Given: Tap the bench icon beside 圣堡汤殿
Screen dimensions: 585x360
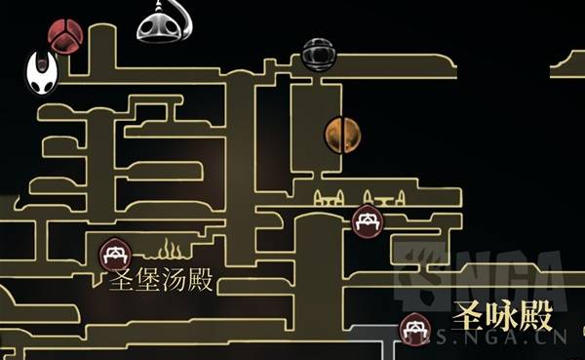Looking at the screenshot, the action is pos(116,254).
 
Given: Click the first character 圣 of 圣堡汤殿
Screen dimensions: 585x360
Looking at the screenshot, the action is pos(122,283).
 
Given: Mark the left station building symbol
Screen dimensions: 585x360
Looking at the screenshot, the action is pos(328,199).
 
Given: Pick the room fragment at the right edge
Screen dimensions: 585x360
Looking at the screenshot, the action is pos(569,67).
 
